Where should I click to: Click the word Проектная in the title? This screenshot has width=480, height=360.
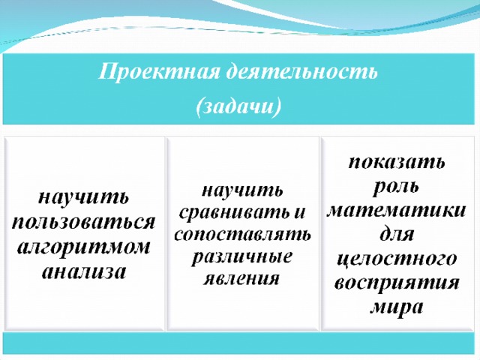tap(159, 73)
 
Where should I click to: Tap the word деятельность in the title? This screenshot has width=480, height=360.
tap(302, 72)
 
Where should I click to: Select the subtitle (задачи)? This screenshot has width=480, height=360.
tap(238, 107)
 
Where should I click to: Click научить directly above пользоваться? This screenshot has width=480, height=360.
tap(83, 198)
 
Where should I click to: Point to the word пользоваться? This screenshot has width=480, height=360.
tap(83, 223)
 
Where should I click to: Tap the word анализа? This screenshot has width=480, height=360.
tap(83, 271)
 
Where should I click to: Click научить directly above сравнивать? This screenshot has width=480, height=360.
tap(242, 190)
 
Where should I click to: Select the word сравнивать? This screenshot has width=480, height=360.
tap(233, 212)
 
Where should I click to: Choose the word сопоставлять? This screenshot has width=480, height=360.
tap(242, 235)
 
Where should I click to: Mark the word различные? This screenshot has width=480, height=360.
tap(241, 257)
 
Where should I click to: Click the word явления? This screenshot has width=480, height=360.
tap(241, 278)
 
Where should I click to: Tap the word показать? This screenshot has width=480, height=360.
tap(397, 162)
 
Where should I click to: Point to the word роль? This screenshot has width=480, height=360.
tap(396, 186)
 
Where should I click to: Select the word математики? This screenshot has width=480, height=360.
tap(396, 210)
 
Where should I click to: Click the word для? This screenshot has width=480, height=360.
tap(397, 234)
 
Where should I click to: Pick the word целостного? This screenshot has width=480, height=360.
tap(397, 259)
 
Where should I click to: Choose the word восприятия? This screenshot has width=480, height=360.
tap(397, 283)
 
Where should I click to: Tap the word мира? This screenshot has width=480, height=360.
tap(397, 307)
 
